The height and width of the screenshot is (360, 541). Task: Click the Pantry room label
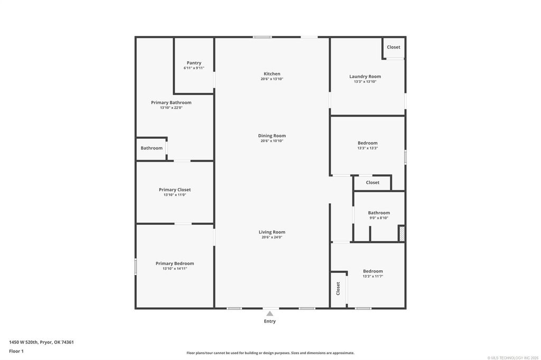coord(194,63)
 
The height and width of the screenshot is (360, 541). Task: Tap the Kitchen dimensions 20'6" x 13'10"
coord(272,79)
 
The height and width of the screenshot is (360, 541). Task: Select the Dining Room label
coord(272,136)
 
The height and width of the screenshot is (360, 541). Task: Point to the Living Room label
coord(272,232)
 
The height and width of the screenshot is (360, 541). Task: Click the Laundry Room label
coord(365,77)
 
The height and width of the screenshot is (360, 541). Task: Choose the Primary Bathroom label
coord(171,102)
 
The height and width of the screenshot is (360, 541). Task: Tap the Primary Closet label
coord(174,190)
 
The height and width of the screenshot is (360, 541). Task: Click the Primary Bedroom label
coord(174,263)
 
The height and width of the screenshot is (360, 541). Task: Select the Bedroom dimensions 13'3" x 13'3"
coord(368,148)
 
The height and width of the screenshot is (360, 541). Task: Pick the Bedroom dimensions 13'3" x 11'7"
coord(372,276)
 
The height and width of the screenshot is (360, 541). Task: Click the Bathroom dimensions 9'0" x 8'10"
coord(379,218)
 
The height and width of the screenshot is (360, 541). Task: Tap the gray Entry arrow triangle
coord(270,314)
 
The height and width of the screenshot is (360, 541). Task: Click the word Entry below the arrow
coord(270,321)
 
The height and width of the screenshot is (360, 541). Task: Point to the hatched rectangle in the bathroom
coord(402,233)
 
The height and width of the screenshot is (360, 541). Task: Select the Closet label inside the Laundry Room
coord(393,47)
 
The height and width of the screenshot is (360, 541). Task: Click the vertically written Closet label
coord(338,289)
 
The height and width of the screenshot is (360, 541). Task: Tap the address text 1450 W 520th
coord(24,343)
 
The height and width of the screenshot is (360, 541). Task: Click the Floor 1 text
coord(16,352)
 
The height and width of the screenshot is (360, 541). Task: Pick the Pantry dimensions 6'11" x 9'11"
coord(194,68)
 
